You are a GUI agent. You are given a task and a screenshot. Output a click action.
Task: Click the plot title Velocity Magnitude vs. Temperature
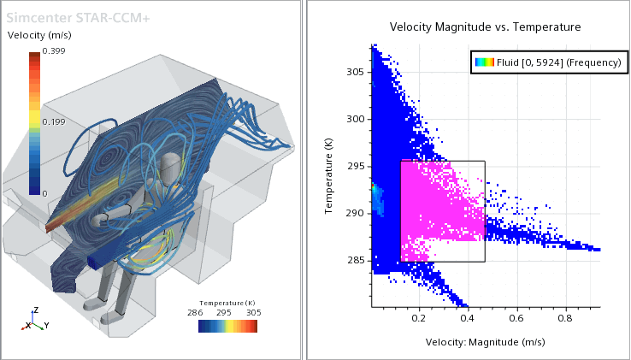point(485,27)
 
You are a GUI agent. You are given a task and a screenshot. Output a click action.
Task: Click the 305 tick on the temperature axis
point(357,73)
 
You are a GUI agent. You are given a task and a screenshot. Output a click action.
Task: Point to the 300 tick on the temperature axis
point(357,120)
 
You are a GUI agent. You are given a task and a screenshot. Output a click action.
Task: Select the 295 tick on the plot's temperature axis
point(357,166)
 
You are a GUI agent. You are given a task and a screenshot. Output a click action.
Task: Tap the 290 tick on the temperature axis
point(357,213)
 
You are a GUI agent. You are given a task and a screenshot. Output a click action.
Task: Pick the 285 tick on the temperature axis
point(357,260)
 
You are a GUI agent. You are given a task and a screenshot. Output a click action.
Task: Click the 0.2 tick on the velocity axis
point(419,318)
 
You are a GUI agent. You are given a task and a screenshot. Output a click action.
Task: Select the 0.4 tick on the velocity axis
point(468,318)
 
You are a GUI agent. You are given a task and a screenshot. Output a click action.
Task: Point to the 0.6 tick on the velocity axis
point(516,318)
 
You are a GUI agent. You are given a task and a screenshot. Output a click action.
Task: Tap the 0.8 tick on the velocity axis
point(565,318)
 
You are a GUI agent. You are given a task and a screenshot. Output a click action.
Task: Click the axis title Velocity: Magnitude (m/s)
point(485,342)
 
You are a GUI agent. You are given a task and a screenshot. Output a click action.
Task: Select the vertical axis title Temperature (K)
point(329,178)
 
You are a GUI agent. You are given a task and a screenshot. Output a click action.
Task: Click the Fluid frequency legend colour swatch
point(485,62)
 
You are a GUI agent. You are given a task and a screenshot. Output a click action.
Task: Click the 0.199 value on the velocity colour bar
point(54,123)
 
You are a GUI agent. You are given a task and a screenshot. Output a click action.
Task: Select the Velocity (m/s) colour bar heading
point(39,35)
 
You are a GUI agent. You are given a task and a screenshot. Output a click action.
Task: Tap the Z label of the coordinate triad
point(34,310)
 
